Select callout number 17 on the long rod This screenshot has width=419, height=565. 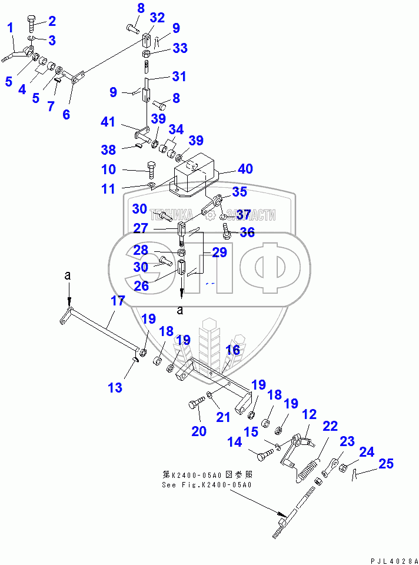click(118, 301)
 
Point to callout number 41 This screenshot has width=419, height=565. click(108, 122)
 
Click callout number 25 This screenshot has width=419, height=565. click(386, 464)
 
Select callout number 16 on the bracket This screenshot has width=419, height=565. click(233, 351)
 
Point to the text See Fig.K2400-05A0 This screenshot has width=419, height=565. click(207, 485)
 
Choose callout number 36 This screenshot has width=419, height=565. click(247, 232)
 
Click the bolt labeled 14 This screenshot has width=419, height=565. click(264, 454)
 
